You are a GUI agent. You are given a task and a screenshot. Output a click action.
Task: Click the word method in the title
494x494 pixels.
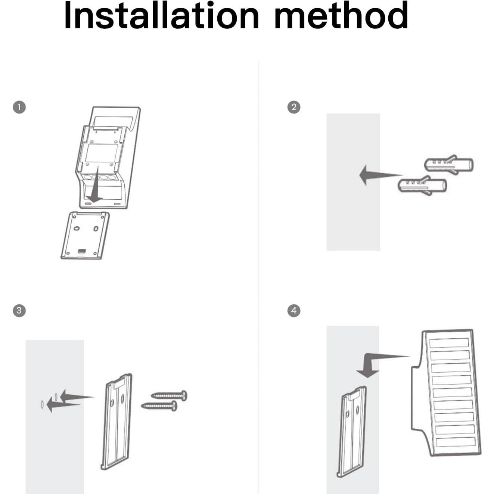point(341,15)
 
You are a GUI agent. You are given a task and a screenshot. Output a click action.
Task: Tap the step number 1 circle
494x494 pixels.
point(19,107)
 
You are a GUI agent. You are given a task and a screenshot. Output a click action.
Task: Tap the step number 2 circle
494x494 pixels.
point(294,107)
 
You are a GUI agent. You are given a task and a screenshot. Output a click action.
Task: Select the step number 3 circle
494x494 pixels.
point(19,310)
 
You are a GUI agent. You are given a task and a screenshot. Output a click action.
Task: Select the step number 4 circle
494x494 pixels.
point(294,310)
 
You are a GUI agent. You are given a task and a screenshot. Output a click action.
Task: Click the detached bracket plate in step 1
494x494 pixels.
point(85,235)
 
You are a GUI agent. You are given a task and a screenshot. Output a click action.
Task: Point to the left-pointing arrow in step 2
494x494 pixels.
point(380,175)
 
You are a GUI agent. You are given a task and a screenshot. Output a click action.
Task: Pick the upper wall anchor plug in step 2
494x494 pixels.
point(448,164)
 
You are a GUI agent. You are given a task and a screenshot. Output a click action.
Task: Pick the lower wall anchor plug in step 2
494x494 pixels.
point(422,185)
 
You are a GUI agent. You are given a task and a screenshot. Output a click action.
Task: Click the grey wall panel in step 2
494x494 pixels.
point(353,182)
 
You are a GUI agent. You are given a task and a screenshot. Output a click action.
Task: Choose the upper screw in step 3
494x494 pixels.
point(169,395)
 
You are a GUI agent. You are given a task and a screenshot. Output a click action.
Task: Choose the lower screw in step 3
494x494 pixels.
point(159,406)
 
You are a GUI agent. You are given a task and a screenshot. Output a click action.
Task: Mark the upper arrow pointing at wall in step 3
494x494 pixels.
point(77,396)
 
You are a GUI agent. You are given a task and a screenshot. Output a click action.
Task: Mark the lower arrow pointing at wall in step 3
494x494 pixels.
point(63,405)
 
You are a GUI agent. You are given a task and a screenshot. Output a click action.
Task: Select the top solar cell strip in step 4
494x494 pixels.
point(449,343)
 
